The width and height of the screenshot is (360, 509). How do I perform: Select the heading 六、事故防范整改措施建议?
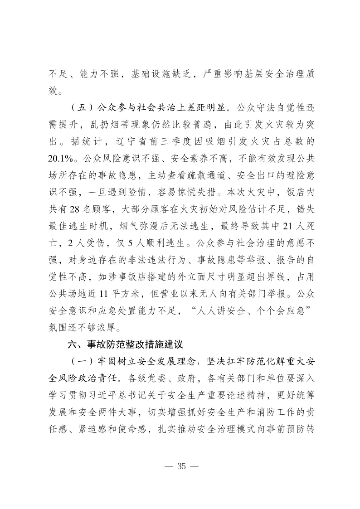coord(125,344)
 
